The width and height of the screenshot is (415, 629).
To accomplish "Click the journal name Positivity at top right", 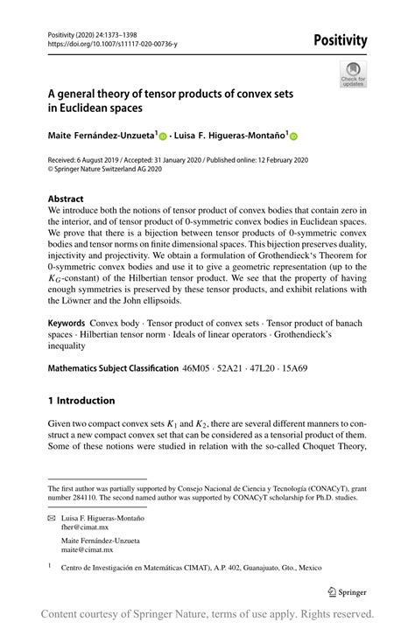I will point(337,40).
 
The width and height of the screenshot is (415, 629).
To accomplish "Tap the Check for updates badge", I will point(353,73).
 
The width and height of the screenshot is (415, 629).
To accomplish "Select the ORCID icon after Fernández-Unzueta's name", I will point(163,136).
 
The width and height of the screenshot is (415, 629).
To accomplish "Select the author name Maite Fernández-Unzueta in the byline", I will point(102,136).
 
